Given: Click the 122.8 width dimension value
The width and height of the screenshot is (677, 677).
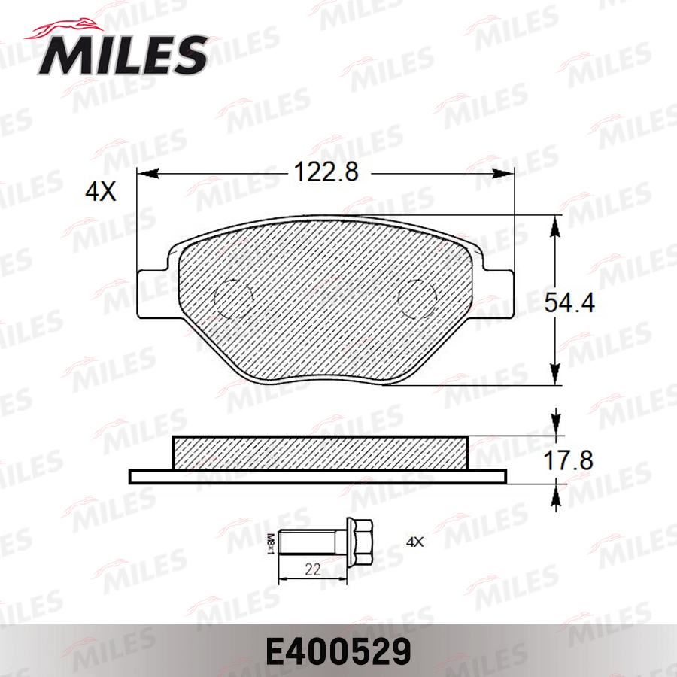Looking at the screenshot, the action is tap(326, 172).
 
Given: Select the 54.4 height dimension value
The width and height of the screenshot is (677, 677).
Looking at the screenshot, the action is tap(569, 302).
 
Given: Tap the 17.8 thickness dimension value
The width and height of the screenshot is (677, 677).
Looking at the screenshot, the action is tap(568, 460).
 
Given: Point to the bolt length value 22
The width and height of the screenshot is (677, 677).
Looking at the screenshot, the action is tap(313, 569).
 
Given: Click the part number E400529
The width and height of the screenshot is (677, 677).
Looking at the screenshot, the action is tap(338, 652).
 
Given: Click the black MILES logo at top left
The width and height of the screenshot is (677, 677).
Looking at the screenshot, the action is tap(117, 50).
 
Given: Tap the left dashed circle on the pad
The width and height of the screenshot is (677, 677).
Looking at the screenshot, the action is tap(234, 298).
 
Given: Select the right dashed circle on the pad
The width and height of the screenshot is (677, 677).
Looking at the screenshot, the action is tap(417, 298).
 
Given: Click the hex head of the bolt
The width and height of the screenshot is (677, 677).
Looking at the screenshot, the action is tap(360, 542).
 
